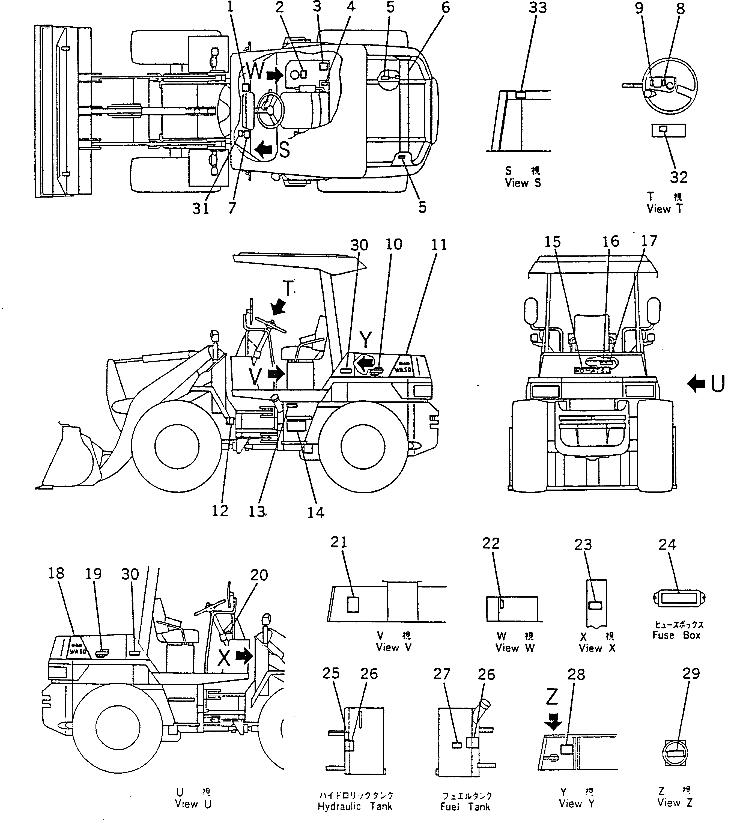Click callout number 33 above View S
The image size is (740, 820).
coord(538,8)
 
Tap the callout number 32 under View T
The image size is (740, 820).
coord(679,177)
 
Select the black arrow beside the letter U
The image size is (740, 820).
coord(696,383)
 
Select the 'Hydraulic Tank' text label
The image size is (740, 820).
coord(355,806)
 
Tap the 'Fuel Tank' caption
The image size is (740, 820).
coord(465,806)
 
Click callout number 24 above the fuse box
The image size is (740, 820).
coord(667,544)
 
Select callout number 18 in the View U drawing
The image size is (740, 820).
coord(56,573)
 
